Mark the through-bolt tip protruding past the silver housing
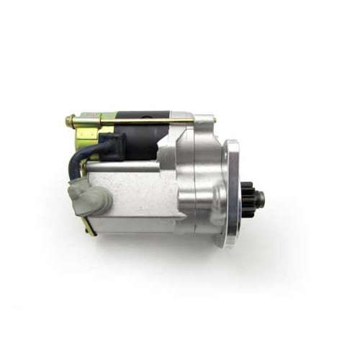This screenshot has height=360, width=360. [211, 119]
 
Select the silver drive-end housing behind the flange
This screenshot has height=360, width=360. [205, 191]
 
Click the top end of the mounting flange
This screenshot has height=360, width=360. [232, 144]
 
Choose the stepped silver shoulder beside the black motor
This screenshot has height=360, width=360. [167, 148]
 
